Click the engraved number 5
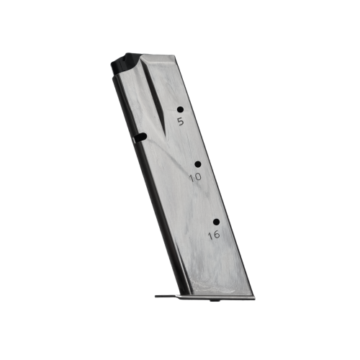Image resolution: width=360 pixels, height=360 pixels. click(x=180, y=122)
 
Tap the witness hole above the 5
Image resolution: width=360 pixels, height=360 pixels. click(x=179, y=109)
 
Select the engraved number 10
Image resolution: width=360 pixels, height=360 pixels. click(x=196, y=176)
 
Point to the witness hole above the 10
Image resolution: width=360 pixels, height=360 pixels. click(x=197, y=164)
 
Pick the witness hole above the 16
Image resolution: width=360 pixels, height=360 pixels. click(x=215, y=222)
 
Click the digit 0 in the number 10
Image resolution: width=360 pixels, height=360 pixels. click(x=199, y=176)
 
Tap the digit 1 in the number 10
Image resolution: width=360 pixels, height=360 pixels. click(x=192, y=176)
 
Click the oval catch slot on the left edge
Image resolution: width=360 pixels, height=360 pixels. click(x=141, y=136)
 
